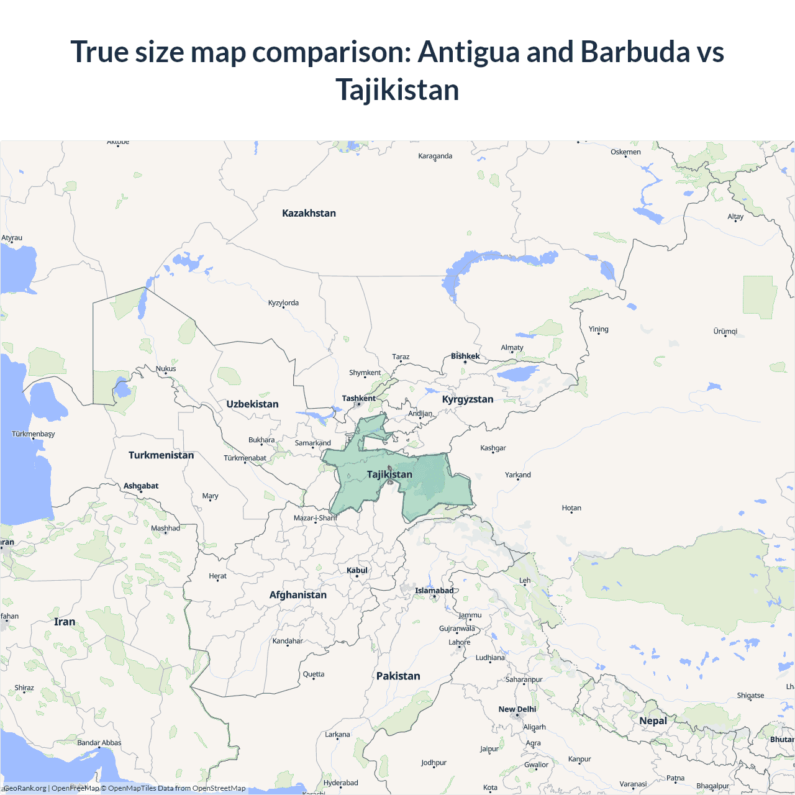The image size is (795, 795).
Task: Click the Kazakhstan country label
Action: click(309, 213)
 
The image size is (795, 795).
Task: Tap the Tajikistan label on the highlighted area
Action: click(389, 475)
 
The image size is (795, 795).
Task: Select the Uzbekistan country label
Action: click(252, 404)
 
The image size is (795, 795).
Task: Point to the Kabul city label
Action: click(357, 570)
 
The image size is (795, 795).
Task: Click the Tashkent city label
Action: click(358, 398)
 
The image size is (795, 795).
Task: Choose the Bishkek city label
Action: click(465, 356)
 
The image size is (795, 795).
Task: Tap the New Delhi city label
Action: click(517, 709)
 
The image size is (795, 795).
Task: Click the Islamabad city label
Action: click(434, 591)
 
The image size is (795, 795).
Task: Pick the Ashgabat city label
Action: click(141, 486)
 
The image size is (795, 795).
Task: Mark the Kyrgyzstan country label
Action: click(468, 399)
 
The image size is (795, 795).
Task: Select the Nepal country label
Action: click(653, 721)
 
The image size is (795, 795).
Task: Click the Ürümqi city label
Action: click(725, 331)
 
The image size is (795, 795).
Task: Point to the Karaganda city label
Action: click(435, 156)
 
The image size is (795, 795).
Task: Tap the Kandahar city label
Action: click(288, 641)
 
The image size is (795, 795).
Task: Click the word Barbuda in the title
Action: click(635, 52)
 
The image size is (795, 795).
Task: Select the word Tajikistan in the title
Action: click(397, 89)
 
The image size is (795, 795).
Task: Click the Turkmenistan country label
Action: click(161, 455)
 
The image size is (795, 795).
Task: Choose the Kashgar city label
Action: click(493, 448)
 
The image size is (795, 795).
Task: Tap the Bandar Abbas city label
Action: click(99, 743)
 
